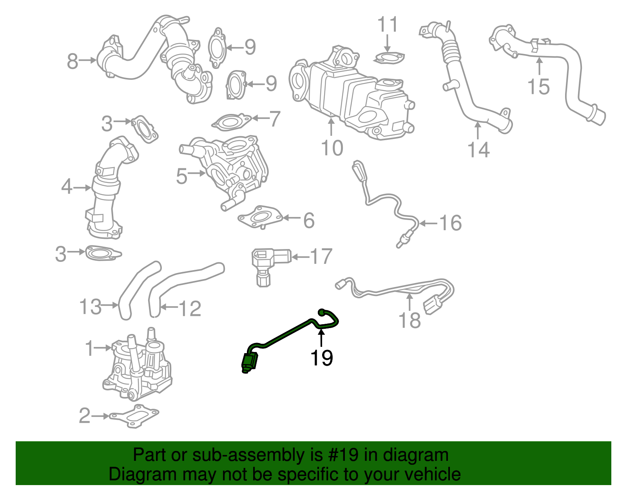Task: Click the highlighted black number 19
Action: coord(321,357)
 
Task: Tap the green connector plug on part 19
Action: coord(250,361)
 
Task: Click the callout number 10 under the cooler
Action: coord(332,148)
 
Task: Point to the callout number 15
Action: coord(538,87)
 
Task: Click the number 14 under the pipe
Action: coord(478,150)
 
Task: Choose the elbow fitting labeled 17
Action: coord(266,260)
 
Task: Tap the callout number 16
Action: coord(451,223)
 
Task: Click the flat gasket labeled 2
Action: coord(134,417)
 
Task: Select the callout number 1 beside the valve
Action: coord(90,348)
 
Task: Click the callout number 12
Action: coord(190,309)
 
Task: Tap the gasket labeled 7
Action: coord(232,122)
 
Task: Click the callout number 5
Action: coord(181,176)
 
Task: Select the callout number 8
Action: coord(72,61)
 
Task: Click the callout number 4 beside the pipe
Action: coord(67,187)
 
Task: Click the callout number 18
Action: coord(410,320)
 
